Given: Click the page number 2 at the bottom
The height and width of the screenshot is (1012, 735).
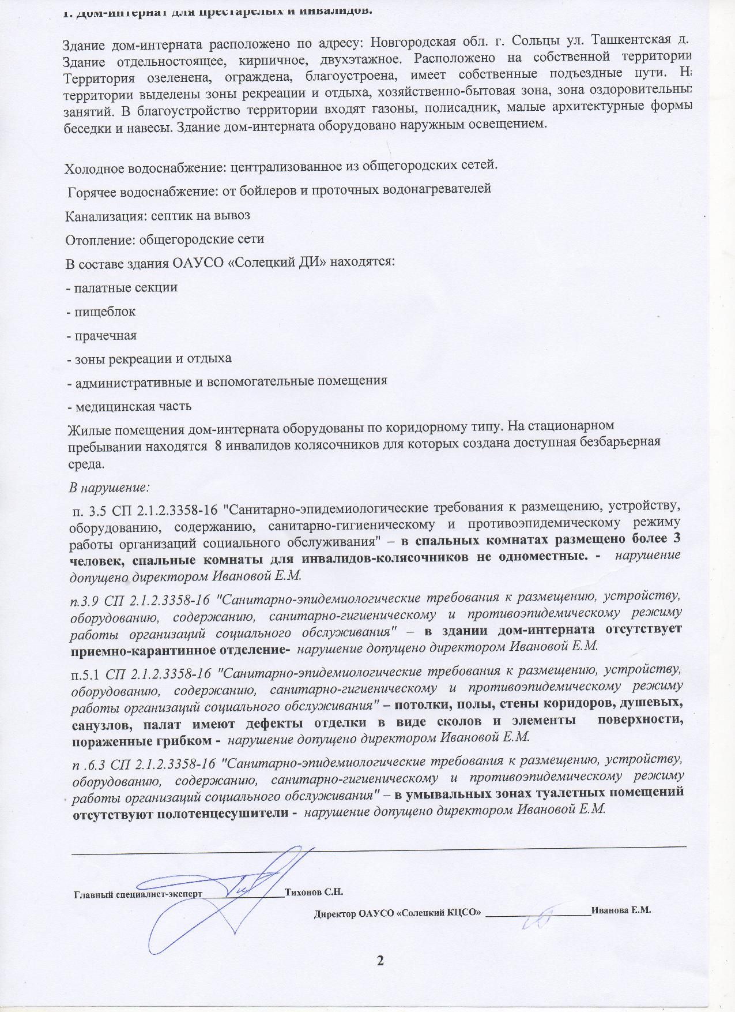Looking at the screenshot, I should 380,960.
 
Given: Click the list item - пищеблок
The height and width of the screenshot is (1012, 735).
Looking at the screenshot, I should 101,312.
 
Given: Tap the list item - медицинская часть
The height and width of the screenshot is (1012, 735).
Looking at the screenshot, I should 129,406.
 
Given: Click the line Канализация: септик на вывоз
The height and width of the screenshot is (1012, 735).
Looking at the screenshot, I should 157,215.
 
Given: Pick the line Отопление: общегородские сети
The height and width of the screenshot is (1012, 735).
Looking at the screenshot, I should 164,238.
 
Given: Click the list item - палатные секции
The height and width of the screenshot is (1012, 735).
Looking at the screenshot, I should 122,287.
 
